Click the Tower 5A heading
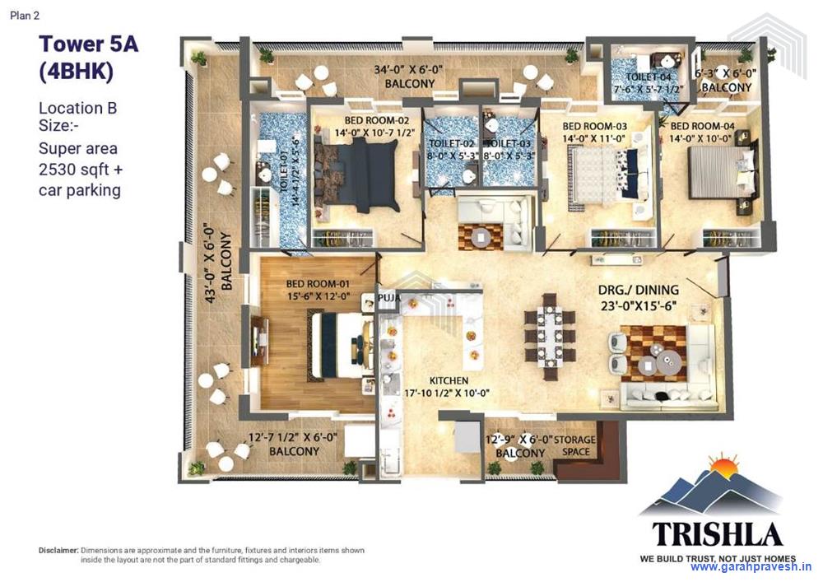88,44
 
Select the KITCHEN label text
449,381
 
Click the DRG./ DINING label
639,290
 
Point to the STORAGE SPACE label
574,445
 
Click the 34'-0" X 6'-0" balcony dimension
409,71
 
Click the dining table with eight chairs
550,335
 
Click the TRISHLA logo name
717,534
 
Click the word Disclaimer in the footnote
58,550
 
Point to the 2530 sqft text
81,170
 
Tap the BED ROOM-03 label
594,126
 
